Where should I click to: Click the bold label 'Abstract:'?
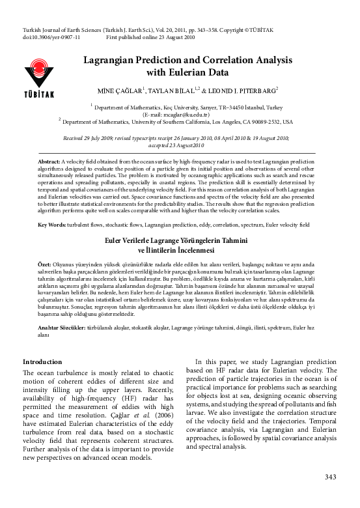coord(49,160)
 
